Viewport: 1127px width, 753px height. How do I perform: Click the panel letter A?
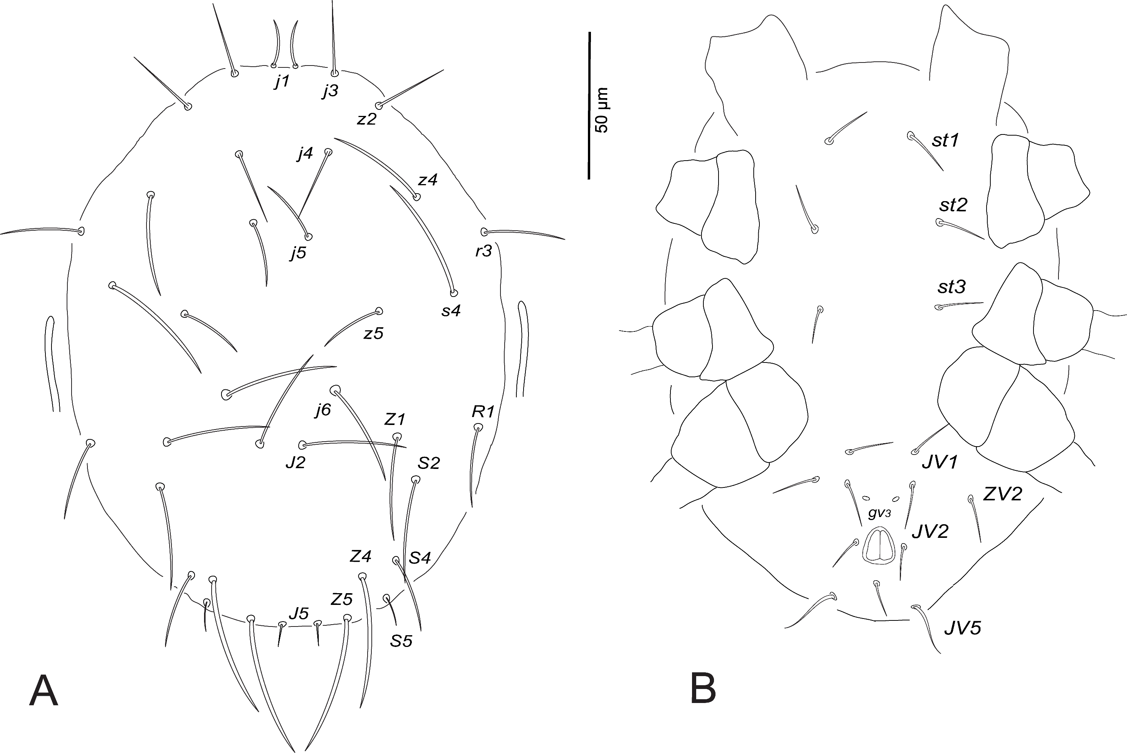[x=44, y=690]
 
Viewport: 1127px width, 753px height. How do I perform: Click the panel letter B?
[x=703, y=689]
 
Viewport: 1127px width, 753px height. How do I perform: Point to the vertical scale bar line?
[x=589, y=106]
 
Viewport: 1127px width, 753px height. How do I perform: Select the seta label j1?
[x=282, y=82]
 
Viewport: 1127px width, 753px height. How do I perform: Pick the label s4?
[x=451, y=311]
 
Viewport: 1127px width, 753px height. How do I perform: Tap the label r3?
[x=484, y=251]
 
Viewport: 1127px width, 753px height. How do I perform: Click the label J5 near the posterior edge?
[x=299, y=613]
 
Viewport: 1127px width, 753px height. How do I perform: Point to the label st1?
[x=945, y=140]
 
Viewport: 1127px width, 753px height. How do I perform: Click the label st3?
[x=951, y=287]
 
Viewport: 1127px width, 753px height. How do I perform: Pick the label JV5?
[x=963, y=628]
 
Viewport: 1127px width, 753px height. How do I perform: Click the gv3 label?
[x=879, y=513]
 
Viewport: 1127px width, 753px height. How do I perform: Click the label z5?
[x=373, y=333]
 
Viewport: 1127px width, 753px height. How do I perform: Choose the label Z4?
[x=360, y=556]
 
